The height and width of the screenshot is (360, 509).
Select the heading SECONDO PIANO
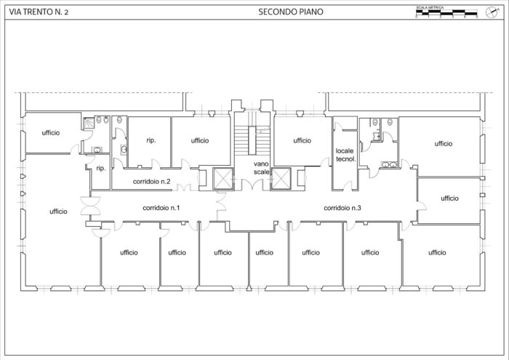coord(291,12)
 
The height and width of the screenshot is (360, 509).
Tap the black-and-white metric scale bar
coord(446,12)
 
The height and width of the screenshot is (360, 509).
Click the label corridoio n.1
coord(161,208)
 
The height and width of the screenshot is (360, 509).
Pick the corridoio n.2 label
coord(152,181)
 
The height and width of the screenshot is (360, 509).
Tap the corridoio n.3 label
coord(342,208)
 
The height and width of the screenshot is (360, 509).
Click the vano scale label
coord(261,169)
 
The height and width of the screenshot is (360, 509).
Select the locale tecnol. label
coord(345,155)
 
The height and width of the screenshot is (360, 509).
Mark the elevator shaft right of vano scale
coord(280,177)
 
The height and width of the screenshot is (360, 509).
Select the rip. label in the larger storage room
coord(152,140)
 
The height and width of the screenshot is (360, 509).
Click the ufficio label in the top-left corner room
coord(50,132)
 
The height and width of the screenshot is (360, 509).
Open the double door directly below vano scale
coord(251,184)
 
